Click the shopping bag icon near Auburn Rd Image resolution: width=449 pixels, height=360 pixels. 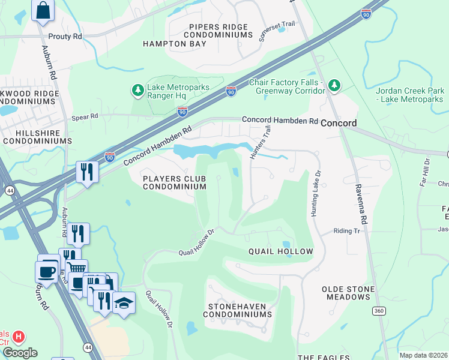click(x=43, y=10)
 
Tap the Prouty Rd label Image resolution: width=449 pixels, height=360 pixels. click(x=65, y=37)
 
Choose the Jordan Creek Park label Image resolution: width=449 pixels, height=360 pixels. click(x=411, y=95)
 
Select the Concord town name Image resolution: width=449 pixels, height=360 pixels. click(x=339, y=123)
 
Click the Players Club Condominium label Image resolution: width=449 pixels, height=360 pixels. click(x=174, y=182)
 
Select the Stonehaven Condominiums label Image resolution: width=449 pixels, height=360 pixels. click(x=240, y=310)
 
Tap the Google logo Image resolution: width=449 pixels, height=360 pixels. click(x=19, y=353)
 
